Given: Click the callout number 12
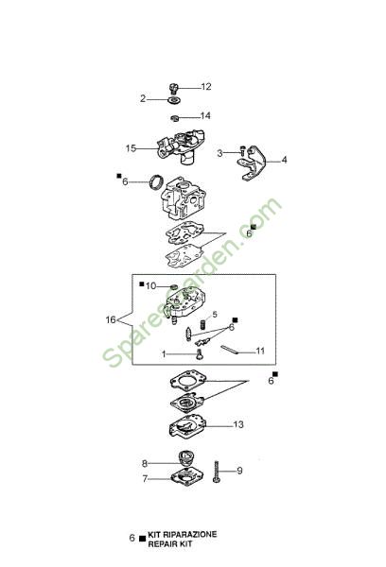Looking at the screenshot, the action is click(x=206, y=87).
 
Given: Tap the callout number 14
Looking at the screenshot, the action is click(x=205, y=115).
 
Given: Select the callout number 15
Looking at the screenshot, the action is click(x=131, y=148).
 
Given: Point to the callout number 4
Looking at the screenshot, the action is click(x=284, y=160).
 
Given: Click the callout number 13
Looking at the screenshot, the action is click(x=238, y=424).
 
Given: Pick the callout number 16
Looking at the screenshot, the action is click(x=111, y=319).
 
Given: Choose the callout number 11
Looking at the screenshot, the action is click(x=260, y=351).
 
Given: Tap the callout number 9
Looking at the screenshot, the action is click(x=239, y=471).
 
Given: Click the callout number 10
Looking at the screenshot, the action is click(x=150, y=286).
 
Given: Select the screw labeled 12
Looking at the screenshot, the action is click(x=174, y=88).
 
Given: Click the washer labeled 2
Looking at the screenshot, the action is click(x=174, y=100).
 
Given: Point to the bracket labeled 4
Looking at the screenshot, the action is click(x=253, y=163).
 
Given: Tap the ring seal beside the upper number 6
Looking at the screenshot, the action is click(x=156, y=180).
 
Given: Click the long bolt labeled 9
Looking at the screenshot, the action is click(x=217, y=472).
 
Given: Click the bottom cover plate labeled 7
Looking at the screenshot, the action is click(x=186, y=477).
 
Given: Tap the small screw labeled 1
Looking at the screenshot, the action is click(x=199, y=354).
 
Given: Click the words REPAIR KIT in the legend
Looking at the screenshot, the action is click(x=170, y=543).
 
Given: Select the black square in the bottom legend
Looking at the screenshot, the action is click(x=142, y=539).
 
